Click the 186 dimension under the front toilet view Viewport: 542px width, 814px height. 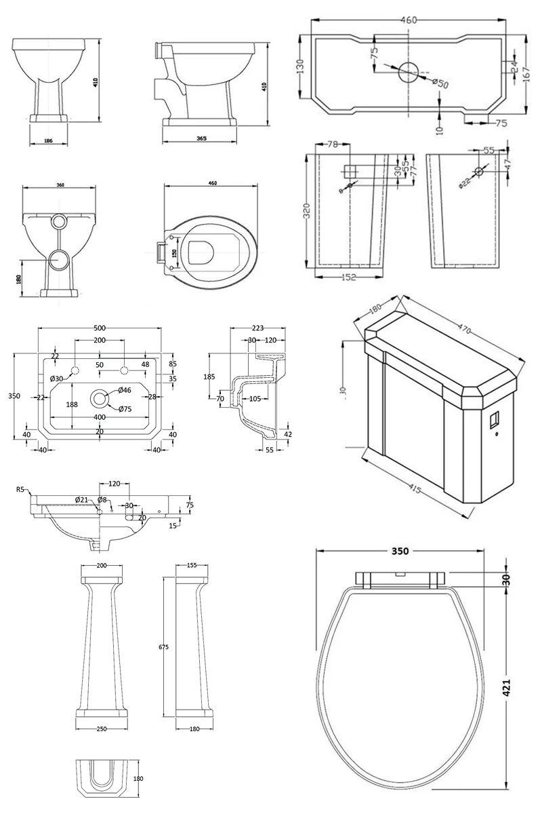(x=49, y=140)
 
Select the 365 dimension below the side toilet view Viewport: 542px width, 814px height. (x=201, y=138)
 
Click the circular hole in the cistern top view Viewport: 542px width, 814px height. (x=409, y=71)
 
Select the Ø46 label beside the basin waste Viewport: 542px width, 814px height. (x=125, y=390)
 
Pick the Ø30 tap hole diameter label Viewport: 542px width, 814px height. (x=56, y=379)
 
